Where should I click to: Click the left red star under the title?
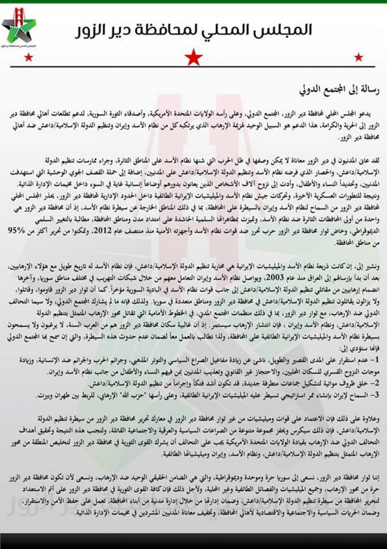[x=27, y=58]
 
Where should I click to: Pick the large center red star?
[x=194, y=57]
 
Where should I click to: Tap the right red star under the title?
[x=360, y=58]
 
